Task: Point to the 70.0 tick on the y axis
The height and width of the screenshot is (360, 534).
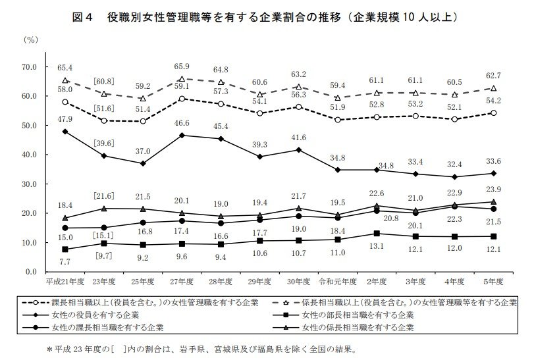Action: (31, 67)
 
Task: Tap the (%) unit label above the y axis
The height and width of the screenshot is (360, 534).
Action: (31, 40)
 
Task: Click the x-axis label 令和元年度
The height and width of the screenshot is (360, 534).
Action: (338, 282)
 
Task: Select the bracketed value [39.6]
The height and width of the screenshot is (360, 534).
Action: (103, 143)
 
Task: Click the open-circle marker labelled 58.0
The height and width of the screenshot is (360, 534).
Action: (65, 102)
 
